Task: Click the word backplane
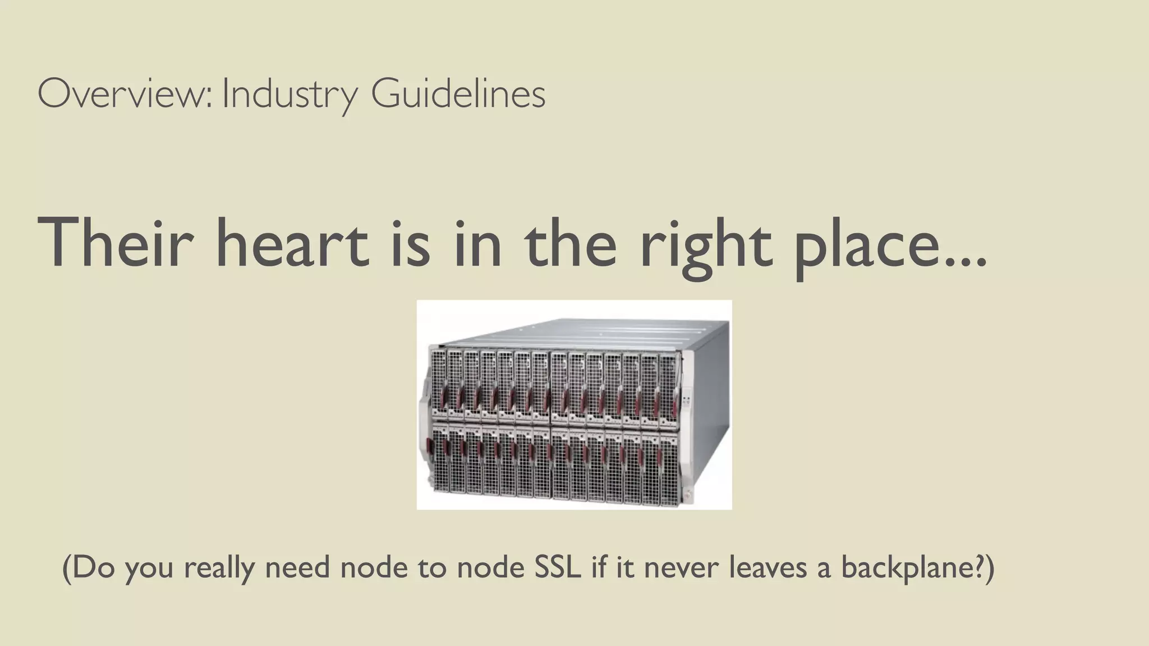tap(903, 567)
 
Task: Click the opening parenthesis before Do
tap(67, 567)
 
